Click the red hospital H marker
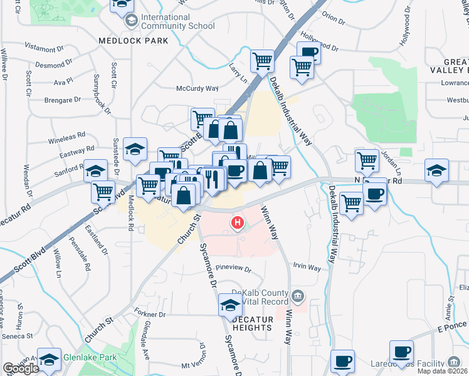click(x=238, y=222)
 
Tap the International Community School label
click(x=177, y=21)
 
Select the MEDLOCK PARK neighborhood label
click(x=134, y=40)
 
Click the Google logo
click(x=21, y=369)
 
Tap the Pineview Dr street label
click(x=233, y=270)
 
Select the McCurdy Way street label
click(x=196, y=88)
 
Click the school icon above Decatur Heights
click(x=230, y=306)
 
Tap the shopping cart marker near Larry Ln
click(x=261, y=61)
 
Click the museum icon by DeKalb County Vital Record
click(x=298, y=295)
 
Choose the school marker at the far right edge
click(x=436, y=170)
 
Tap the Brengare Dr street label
click(x=63, y=100)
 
